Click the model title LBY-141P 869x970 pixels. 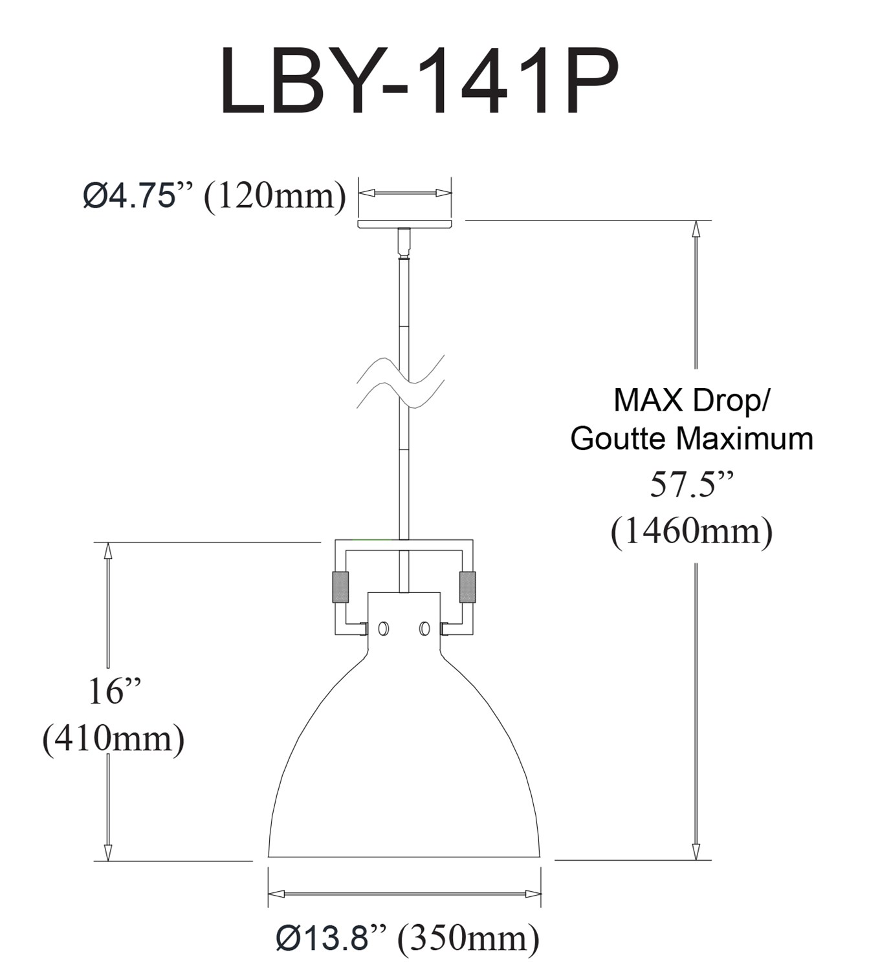420,81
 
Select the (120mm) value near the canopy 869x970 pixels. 275,197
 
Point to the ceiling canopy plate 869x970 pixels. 405,224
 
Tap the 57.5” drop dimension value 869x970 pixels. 692,485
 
